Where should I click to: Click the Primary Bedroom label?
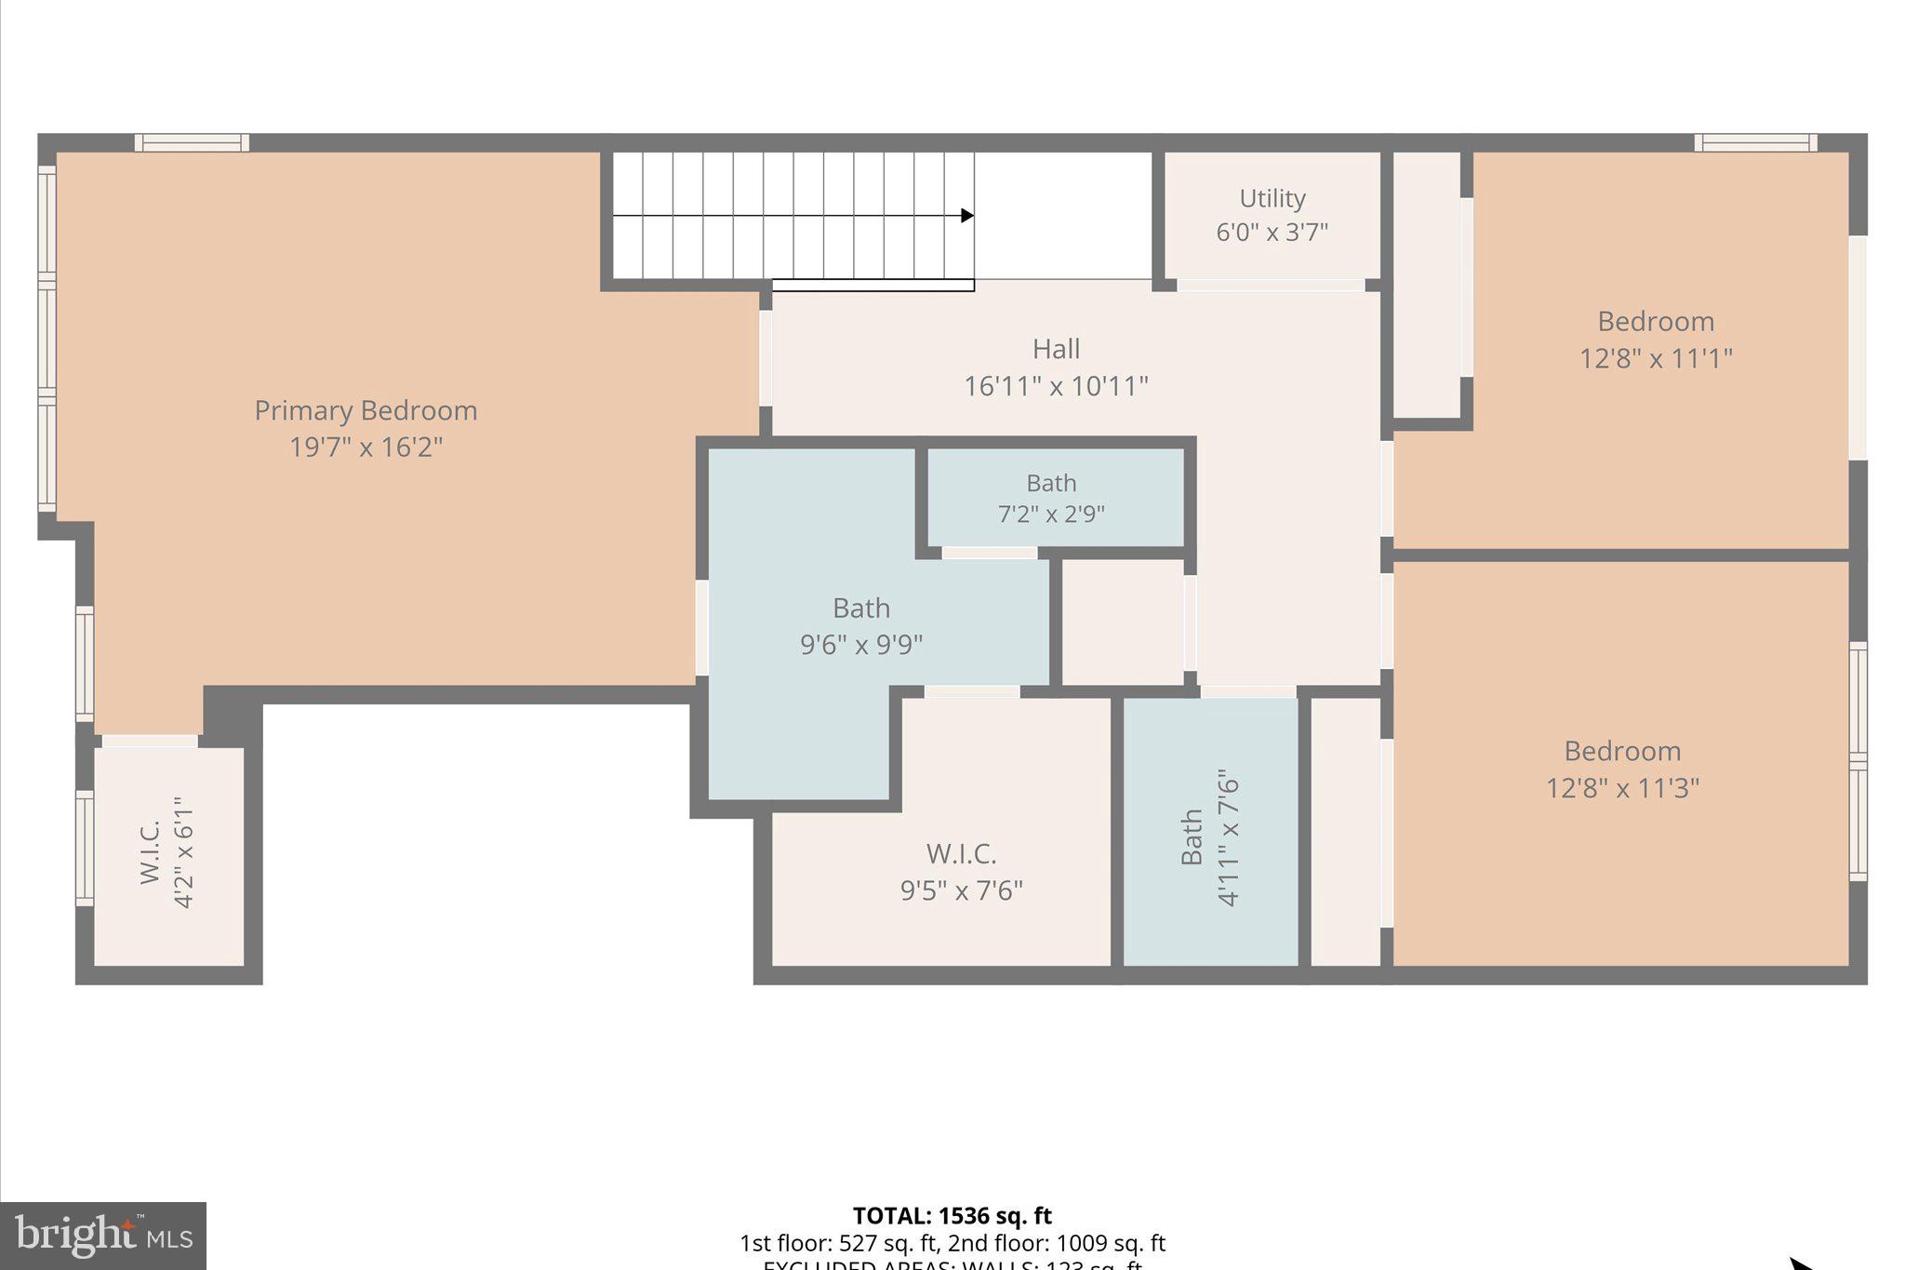coord(366,410)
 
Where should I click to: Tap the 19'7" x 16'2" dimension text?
coord(366,448)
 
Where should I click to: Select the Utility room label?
coord(1272,198)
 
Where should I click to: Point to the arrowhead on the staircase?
coord(967,216)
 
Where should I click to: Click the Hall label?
coord(1056,349)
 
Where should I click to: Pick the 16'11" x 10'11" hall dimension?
coord(1056,386)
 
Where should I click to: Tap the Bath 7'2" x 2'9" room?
coord(1051,498)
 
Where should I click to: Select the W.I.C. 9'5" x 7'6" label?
coord(961,872)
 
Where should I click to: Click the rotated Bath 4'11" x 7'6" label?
coord(1209,836)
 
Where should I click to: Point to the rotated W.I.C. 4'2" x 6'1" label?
coord(167,853)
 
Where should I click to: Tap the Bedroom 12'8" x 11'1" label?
coord(1656,340)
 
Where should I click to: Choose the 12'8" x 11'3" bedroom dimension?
coord(1622,788)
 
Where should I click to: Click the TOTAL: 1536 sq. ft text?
coord(952,1216)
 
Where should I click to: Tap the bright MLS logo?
coord(103,1236)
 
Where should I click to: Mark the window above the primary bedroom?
coord(192,142)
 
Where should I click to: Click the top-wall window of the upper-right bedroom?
coord(1755,142)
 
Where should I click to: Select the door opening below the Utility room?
coord(1271,286)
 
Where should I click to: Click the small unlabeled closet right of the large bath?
coord(1123,622)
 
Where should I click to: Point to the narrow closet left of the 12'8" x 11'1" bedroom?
coord(1426,284)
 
